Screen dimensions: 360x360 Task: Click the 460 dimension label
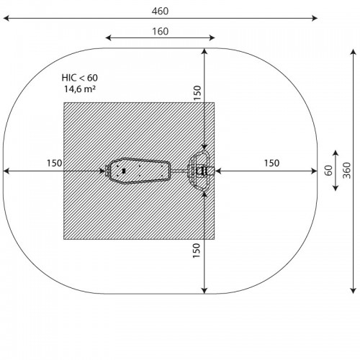(x=160, y=12)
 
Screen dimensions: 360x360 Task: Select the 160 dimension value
(x=161, y=32)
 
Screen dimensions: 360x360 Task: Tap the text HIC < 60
(x=80, y=78)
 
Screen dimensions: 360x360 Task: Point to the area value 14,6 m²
(x=80, y=89)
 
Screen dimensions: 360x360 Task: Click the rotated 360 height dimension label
(x=346, y=171)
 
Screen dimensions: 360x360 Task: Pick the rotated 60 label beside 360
(x=329, y=171)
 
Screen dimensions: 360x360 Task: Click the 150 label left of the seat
(x=55, y=163)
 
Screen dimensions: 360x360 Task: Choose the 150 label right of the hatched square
(x=271, y=163)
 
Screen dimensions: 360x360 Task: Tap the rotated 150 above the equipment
(x=197, y=93)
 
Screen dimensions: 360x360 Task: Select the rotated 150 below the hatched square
(x=197, y=251)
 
